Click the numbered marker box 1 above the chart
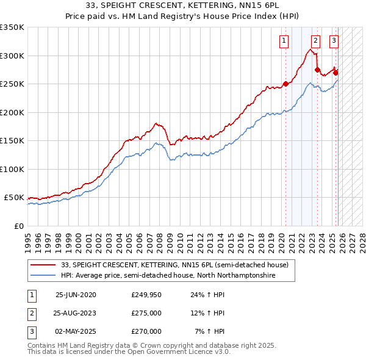click(284, 41)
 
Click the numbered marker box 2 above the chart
click(315, 41)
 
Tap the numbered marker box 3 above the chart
click(334, 41)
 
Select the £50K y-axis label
click(15, 198)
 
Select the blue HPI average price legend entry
click(168, 275)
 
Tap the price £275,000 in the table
click(146, 313)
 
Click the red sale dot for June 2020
click(285, 84)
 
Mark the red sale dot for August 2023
click(317, 70)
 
